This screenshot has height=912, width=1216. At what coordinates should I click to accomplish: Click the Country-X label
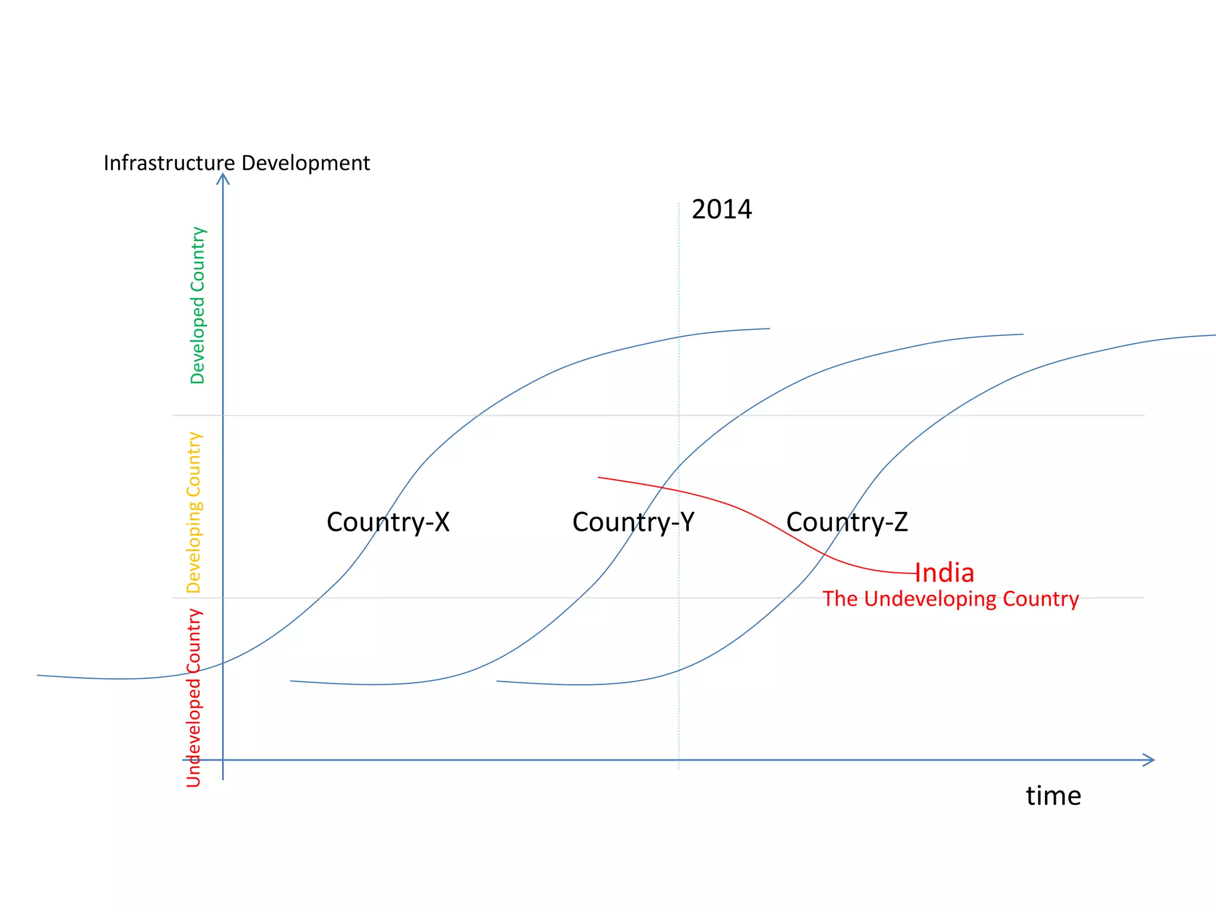(x=388, y=522)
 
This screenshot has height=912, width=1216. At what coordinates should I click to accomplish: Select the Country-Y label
(x=633, y=522)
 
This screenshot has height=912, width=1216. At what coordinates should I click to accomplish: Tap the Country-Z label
(x=847, y=522)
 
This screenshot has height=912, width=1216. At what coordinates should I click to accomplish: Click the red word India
(x=944, y=573)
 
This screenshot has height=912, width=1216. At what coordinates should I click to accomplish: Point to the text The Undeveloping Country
(x=951, y=599)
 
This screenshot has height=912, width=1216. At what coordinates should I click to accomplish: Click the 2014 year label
(x=721, y=210)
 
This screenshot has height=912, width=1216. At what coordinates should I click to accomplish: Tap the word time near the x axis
(x=1053, y=796)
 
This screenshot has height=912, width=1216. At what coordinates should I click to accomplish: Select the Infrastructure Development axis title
(x=236, y=163)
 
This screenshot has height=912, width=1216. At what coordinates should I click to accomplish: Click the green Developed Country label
(x=197, y=305)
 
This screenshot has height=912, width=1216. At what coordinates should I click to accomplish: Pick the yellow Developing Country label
(x=194, y=512)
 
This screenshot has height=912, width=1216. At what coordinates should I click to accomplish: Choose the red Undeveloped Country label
(x=194, y=698)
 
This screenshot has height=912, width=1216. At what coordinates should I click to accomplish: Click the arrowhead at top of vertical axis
(x=223, y=176)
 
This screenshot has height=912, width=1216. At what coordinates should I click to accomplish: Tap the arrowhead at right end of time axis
(x=1150, y=759)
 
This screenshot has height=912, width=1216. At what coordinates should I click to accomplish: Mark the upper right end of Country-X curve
(x=768, y=328)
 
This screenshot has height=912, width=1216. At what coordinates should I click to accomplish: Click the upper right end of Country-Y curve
(x=1022, y=334)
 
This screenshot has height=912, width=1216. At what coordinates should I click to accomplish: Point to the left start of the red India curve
(x=599, y=477)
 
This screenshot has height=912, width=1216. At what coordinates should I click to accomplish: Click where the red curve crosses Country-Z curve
(x=825, y=553)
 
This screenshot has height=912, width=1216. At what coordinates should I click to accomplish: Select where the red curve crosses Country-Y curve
(x=662, y=487)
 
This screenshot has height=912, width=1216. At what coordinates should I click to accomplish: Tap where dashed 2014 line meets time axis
(x=679, y=759)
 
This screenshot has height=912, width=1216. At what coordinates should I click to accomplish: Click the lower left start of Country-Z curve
(x=498, y=681)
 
